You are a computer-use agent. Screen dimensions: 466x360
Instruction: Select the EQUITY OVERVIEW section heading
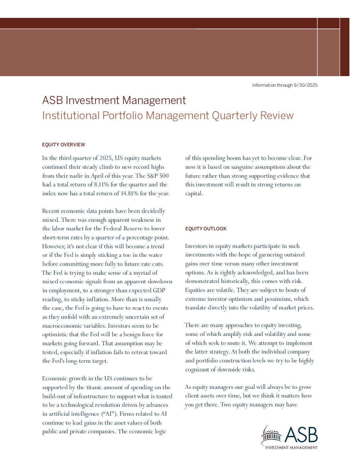(x=64, y=145)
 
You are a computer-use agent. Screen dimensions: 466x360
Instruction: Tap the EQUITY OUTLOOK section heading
(x=206, y=229)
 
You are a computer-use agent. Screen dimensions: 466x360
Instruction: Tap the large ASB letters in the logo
(x=301, y=435)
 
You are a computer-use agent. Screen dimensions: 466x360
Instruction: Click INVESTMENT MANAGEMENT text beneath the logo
(x=291, y=447)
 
